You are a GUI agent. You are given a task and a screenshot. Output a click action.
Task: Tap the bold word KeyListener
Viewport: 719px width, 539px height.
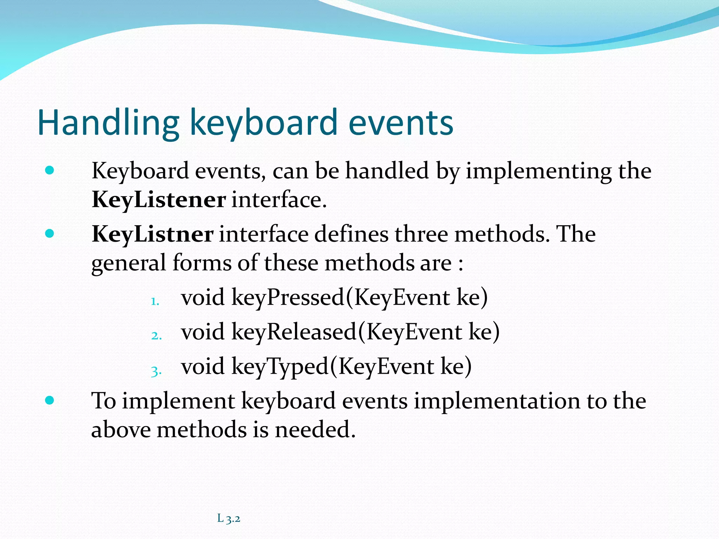[x=158, y=200]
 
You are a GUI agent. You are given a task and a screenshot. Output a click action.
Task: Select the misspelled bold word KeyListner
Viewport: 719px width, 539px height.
[x=152, y=234]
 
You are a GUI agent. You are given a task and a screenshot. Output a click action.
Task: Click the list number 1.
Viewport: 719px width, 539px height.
[x=155, y=301]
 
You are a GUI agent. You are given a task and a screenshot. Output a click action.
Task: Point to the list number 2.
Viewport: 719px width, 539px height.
[x=156, y=336]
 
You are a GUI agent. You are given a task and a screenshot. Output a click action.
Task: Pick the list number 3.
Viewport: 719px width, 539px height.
[x=156, y=371]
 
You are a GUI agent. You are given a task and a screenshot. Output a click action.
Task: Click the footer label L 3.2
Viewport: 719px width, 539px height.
[x=229, y=518]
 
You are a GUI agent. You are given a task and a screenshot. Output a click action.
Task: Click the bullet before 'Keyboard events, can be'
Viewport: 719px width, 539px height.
[x=50, y=171]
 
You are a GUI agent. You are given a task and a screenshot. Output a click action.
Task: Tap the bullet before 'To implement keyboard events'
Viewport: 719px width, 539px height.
[x=50, y=400]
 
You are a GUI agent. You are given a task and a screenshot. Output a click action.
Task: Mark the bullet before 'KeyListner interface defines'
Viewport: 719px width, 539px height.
[x=50, y=234]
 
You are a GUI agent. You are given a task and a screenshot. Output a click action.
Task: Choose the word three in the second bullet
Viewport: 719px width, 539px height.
[x=421, y=234]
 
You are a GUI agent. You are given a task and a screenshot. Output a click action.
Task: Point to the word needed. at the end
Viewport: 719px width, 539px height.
[x=315, y=430]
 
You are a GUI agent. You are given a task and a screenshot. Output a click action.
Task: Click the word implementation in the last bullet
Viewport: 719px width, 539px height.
[x=497, y=401]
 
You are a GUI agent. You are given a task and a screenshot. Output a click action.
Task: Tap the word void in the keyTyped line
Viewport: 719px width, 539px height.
[x=203, y=366]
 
